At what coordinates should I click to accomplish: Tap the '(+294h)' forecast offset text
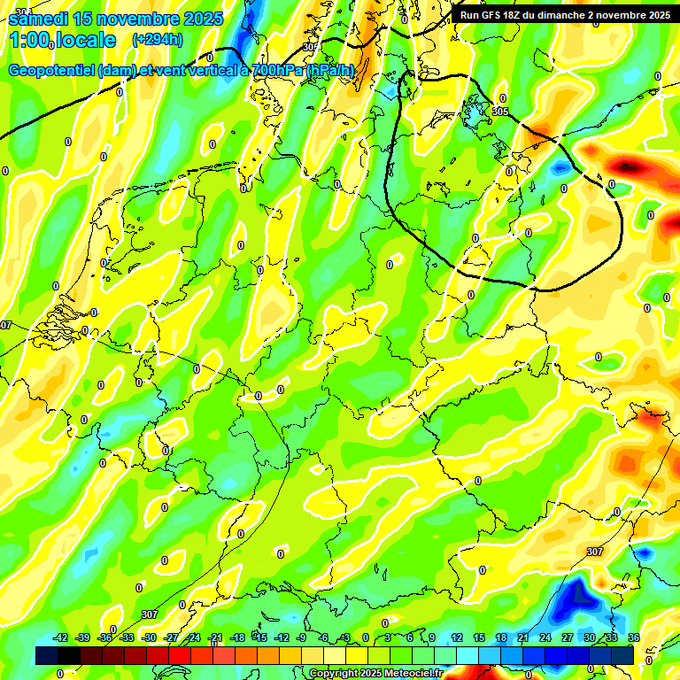point(158,40)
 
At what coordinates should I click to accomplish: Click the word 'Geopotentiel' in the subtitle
point(53,70)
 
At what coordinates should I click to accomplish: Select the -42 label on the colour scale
point(60,638)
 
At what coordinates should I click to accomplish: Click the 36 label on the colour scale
point(634,638)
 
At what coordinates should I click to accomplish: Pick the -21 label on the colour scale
point(215,638)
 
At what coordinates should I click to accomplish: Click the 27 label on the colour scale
point(568,638)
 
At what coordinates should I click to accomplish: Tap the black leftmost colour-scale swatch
point(47,655)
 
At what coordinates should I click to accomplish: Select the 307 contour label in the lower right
point(595,552)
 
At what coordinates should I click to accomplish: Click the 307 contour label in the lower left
point(150,614)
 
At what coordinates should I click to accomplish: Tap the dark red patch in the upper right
point(630,165)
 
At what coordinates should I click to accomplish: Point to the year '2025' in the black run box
point(655,15)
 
